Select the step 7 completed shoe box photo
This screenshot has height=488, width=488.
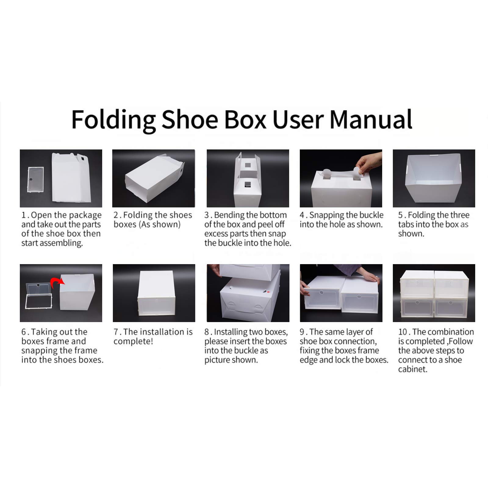[x=154, y=293]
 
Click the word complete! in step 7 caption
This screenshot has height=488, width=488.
[x=133, y=341]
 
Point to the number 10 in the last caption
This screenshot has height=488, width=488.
[x=403, y=332]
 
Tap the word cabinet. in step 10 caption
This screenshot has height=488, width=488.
[x=412, y=369]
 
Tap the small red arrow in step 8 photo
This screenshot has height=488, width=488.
[x=268, y=292]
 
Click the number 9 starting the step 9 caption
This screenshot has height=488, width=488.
[x=302, y=332]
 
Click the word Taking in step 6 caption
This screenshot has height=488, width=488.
[x=46, y=332]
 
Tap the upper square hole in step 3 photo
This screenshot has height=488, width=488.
[x=248, y=165]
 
